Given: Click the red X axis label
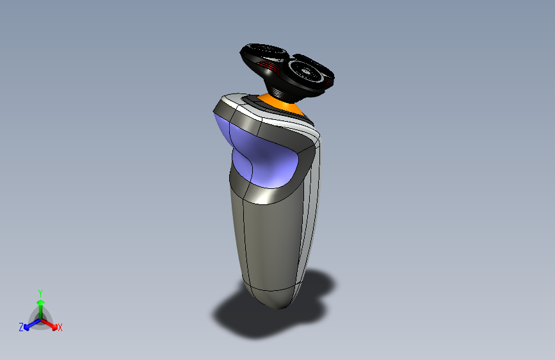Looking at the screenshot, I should (x=60, y=328).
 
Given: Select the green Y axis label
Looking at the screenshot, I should (x=40, y=292).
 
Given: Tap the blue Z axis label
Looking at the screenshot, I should (x=21, y=327).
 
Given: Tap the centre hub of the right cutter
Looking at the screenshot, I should (x=310, y=71).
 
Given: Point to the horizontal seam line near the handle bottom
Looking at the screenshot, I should (x=269, y=286).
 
